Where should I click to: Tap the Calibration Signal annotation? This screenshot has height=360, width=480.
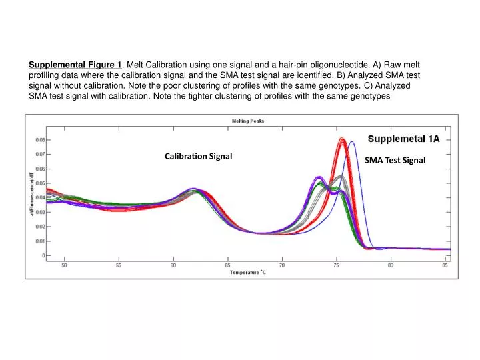198,157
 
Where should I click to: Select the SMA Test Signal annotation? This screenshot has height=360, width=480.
395,160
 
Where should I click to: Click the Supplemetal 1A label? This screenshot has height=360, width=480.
404,139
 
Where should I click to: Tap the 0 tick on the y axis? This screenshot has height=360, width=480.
43,256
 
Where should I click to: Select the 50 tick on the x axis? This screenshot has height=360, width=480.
64,265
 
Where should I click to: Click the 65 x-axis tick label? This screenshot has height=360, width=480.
227,265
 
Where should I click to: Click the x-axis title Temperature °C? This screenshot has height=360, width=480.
247,273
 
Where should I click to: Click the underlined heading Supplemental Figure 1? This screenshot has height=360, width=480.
75,65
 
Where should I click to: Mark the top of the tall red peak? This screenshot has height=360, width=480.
341,139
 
